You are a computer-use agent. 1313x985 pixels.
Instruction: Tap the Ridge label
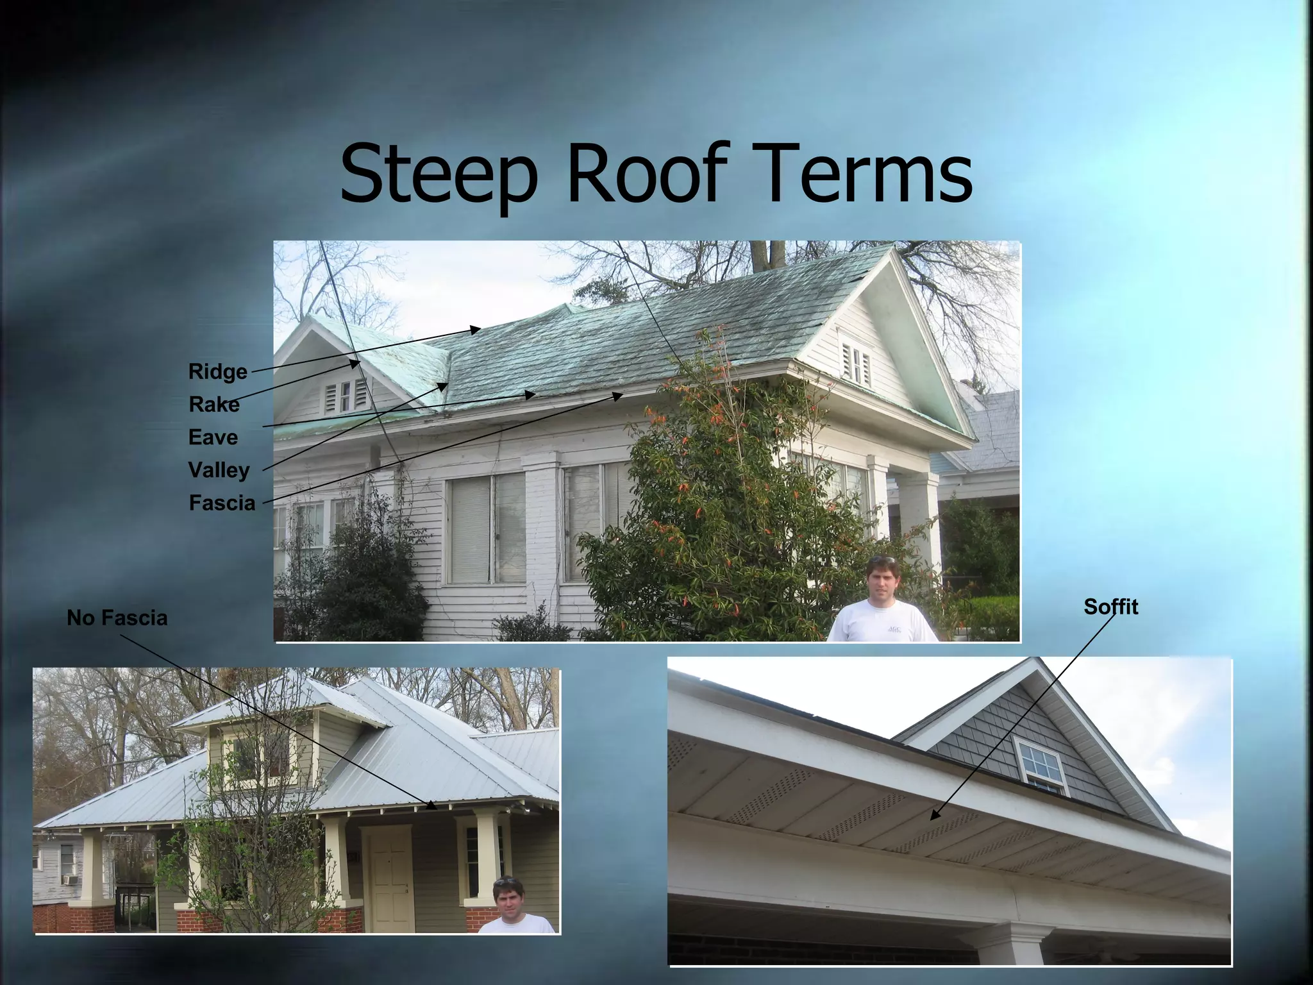point(217,372)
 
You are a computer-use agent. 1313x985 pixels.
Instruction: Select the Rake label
point(213,405)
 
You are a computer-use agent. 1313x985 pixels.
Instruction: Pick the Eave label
point(213,437)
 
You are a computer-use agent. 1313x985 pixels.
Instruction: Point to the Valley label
point(219,470)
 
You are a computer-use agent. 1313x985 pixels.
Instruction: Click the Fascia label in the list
point(222,503)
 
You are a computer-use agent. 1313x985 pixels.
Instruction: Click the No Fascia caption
point(117,618)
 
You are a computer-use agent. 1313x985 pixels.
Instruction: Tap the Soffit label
point(1110,607)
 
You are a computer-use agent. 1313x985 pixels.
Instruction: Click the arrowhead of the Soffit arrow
point(933,817)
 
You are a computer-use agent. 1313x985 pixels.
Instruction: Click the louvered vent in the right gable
point(857,363)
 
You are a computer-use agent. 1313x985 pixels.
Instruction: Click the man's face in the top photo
point(883,578)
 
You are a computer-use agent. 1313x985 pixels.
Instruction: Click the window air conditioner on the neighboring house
point(69,880)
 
